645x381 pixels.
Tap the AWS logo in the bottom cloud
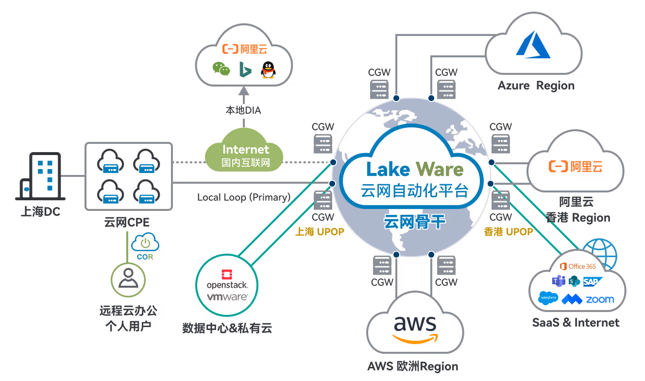tap(415, 328)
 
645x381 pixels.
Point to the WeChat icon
tap(221, 69)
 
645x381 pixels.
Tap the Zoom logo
tap(599, 299)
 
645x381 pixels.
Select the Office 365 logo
tap(577, 266)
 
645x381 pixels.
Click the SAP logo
tap(593, 281)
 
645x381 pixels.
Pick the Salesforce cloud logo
tap(548, 297)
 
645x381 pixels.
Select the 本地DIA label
tap(243, 110)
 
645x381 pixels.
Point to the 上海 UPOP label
tap(320, 232)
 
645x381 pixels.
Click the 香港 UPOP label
tap(508, 232)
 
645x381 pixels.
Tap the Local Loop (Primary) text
tap(244, 197)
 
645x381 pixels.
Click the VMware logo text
tap(227, 296)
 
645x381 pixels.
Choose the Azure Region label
tap(536, 86)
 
